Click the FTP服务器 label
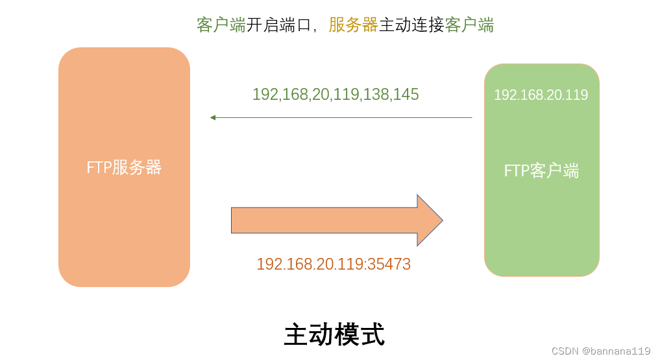(124, 168)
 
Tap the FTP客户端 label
(541, 171)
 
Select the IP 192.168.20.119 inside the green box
(541, 95)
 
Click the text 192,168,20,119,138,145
(336, 95)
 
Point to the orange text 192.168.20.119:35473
(334, 264)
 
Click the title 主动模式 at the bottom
(334, 334)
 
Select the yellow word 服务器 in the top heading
(353, 25)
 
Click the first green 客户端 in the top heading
(221, 25)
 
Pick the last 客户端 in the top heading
(470, 25)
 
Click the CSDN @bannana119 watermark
(600, 351)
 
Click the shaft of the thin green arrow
(344, 117)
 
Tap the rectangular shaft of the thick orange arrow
(324, 220)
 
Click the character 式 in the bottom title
(373, 334)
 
